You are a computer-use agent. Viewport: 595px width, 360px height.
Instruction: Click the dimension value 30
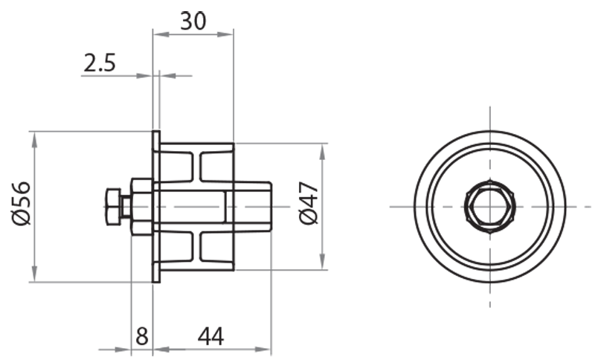(x=193, y=21)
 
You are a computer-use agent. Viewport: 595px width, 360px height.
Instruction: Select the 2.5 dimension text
(x=100, y=64)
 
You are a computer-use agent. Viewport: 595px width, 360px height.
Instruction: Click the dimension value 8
(x=141, y=336)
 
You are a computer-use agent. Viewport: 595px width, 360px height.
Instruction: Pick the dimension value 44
(x=211, y=336)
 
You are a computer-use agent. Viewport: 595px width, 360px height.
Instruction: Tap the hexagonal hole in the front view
(x=489, y=206)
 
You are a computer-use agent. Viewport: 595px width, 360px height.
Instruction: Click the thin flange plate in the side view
(x=156, y=207)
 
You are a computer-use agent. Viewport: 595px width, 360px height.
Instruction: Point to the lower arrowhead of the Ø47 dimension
(x=322, y=263)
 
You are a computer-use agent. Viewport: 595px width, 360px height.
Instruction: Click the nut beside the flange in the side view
(x=141, y=207)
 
